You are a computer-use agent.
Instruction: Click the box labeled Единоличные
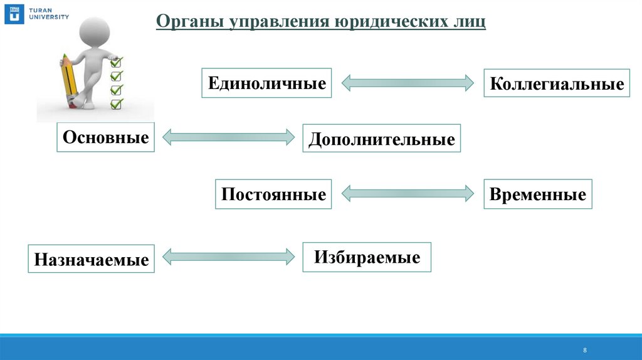(266, 83)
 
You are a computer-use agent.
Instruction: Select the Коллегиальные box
(557, 83)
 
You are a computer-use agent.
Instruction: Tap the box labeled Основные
(107, 137)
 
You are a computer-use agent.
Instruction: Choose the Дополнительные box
(381, 139)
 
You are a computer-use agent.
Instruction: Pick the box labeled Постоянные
(273, 194)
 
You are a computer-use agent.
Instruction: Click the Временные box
(538, 194)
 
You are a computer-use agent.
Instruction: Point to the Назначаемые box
(92, 258)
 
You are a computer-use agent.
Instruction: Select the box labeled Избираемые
(367, 257)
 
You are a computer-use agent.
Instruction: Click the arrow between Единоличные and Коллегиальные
(408, 82)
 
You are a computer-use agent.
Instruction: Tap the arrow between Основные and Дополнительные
(229, 137)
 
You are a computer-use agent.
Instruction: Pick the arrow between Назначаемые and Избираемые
(229, 256)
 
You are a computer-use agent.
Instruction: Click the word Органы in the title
(190, 23)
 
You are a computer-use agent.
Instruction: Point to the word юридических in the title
(387, 23)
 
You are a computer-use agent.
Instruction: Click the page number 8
(585, 350)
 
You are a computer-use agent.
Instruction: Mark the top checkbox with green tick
(116, 62)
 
